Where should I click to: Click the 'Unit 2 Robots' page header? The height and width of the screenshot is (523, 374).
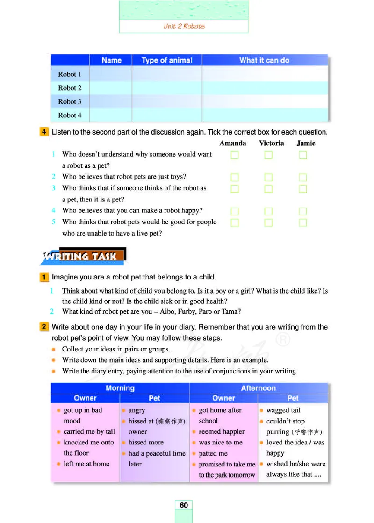[x=184, y=26]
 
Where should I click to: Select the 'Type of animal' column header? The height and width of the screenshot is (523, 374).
[x=167, y=60]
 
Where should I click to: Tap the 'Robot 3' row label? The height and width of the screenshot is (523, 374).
[x=70, y=101]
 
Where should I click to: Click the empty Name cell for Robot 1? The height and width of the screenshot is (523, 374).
[x=111, y=74]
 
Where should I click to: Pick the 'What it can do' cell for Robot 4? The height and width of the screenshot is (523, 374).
[x=265, y=115]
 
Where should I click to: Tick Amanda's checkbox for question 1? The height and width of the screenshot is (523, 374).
[x=235, y=155]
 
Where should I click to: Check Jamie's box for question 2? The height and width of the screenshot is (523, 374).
[x=303, y=178]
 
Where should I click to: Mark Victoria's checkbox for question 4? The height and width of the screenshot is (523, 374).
[x=268, y=212]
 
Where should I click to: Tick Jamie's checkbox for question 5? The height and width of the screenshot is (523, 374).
[x=303, y=223]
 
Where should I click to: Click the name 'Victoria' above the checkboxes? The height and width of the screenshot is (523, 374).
[x=271, y=143]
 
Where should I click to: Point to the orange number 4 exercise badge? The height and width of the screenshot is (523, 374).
[x=44, y=132]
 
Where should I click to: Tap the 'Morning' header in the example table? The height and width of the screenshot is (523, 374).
[x=120, y=388]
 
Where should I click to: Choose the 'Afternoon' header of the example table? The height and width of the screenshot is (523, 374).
[x=258, y=388]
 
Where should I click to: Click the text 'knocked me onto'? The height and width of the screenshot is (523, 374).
[x=89, y=442]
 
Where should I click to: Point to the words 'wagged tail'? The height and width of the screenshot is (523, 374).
[x=283, y=410]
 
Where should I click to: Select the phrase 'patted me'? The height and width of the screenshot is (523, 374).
[x=213, y=453]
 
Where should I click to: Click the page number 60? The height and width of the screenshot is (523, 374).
[x=184, y=505]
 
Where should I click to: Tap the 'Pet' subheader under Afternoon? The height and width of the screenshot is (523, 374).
[x=293, y=398]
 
